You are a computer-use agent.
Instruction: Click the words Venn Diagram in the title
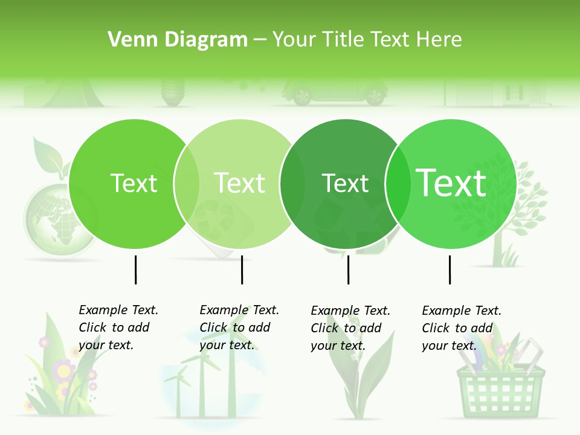178,40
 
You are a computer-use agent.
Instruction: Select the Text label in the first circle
134,183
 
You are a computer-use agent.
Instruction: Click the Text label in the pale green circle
240,183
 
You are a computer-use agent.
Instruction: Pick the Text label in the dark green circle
345,183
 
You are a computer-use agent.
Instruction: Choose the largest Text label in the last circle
451,183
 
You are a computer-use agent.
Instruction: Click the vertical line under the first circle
135,269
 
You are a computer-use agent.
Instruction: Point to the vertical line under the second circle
242,269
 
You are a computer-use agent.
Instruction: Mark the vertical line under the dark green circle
348,269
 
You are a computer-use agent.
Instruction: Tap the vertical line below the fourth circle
449,269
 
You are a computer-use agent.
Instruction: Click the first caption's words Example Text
118,310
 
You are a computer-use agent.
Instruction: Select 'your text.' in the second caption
227,345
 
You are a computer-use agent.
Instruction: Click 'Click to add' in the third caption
346,328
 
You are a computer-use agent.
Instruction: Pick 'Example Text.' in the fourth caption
462,311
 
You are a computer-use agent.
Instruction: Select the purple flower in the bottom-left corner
63,369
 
